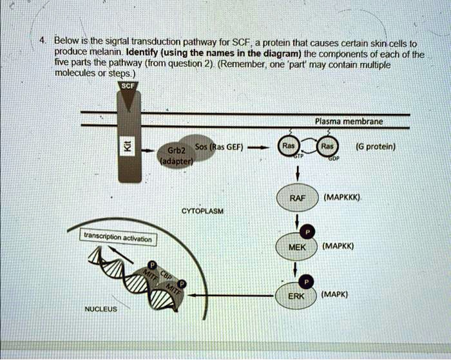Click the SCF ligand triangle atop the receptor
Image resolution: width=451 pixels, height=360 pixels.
tap(129, 92)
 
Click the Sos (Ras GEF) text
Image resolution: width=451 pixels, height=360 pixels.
tap(220, 146)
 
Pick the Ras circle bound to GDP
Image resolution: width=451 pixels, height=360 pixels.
tap(328, 146)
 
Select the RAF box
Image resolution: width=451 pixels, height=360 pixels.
tap(296, 198)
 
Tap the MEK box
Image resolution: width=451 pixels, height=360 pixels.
tap(296, 247)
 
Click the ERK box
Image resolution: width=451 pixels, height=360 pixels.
tap(296, 296)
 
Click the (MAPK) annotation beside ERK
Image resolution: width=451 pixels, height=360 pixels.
tap(335, 294)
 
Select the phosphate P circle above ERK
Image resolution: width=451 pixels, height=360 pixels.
tap(307, 281)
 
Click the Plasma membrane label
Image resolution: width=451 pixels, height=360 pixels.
tap(349, 121)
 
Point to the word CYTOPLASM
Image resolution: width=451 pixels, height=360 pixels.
tap(202, 211)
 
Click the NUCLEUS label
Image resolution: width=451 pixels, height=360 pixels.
tap(101, 309)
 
